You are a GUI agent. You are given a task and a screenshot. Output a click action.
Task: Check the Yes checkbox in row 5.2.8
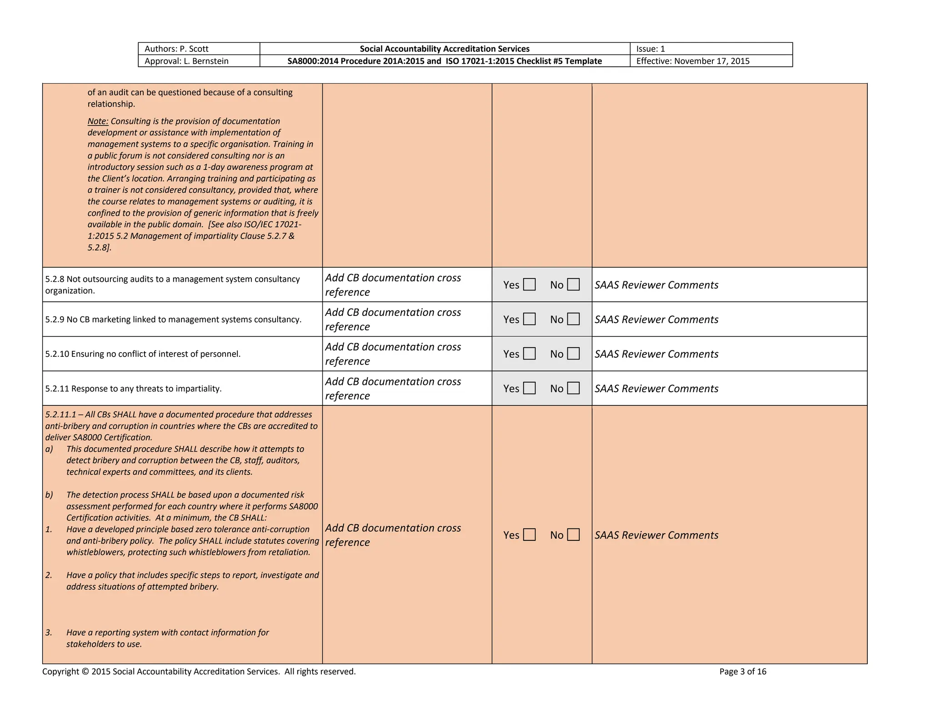[529, 285]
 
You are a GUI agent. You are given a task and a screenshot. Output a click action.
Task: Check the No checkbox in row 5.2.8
[573, 285]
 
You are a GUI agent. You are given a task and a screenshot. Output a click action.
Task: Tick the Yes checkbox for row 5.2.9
[529, 319]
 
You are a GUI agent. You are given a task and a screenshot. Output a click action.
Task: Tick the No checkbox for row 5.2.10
[573, 354]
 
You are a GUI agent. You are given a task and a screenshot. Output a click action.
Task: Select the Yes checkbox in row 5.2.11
[529, 388]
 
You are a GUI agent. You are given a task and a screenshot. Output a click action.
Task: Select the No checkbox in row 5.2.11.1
[573, 534]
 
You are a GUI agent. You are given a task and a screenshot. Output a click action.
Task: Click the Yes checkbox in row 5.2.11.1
[529, 534]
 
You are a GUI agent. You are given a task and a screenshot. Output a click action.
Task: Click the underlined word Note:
[98, 121]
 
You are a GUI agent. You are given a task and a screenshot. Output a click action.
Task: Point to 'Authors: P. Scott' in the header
[176, 49]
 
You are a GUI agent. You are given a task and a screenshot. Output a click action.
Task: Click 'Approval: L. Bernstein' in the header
[186, 61]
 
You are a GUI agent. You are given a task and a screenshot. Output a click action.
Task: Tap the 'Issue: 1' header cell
[651, 49]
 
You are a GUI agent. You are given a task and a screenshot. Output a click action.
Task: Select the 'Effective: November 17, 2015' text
[693, 61]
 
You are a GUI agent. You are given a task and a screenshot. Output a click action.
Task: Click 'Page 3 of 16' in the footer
[743, 671]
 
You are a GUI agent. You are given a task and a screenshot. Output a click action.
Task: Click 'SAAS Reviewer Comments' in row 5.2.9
[656, 320]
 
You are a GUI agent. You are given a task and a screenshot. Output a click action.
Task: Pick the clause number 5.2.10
[57, 354]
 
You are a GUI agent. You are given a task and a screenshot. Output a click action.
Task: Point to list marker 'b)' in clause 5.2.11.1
[49, 495]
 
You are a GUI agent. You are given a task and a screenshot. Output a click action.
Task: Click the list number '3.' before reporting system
[49, 633]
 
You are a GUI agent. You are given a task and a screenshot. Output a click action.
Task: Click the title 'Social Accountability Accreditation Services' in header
[445, 49]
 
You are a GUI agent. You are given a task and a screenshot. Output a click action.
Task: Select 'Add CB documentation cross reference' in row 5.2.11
[393, 389]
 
